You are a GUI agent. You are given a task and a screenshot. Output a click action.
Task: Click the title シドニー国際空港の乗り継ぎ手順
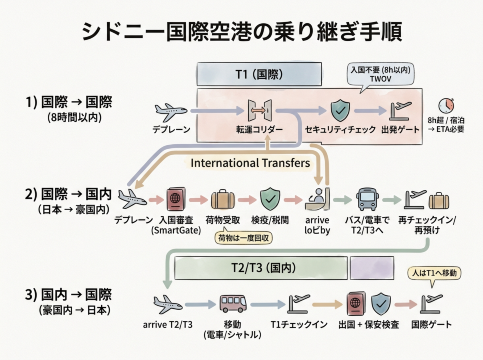pos(240,30)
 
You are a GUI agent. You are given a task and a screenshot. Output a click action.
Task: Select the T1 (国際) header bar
pos(240,74)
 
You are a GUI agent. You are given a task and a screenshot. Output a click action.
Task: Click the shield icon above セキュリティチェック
pos(340,109)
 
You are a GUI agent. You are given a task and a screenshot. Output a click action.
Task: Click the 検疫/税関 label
pos(269,217)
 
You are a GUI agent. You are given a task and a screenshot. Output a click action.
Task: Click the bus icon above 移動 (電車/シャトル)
pos(232,303)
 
